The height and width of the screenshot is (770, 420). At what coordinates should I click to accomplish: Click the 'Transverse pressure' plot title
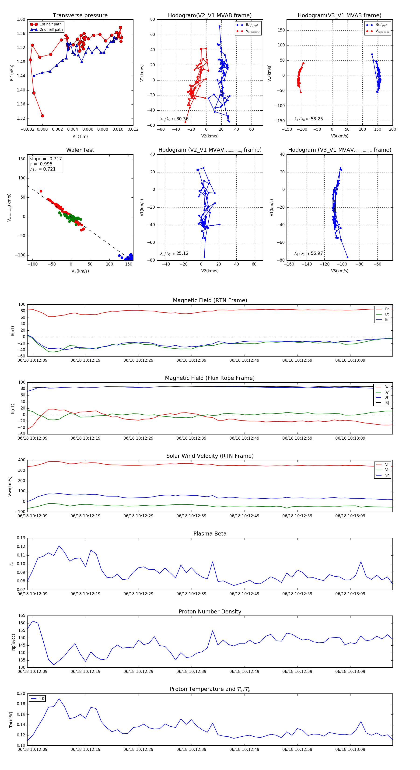pos(80,16)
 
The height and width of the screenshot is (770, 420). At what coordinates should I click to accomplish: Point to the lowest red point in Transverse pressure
pos(42,116)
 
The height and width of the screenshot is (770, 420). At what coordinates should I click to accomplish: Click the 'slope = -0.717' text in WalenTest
pos(46,159)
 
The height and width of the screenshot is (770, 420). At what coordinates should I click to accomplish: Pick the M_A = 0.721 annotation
pos(43,169)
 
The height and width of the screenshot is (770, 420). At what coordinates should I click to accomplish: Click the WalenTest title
pos(80,150)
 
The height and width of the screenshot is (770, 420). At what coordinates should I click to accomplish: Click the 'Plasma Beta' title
pos(210,534)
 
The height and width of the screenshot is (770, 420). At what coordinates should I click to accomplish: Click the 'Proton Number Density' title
pos(210,612)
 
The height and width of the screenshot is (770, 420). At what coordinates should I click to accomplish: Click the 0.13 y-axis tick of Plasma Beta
pos(21,538)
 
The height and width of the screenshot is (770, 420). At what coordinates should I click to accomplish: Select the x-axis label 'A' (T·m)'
pos(80,136)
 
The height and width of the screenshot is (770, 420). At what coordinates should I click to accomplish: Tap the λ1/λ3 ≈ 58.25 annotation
pos(308,119)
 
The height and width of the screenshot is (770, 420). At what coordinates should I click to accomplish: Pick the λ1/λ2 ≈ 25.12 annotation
pos(174,253)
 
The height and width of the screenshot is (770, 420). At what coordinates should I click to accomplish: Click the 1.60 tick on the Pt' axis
pos(21,19)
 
